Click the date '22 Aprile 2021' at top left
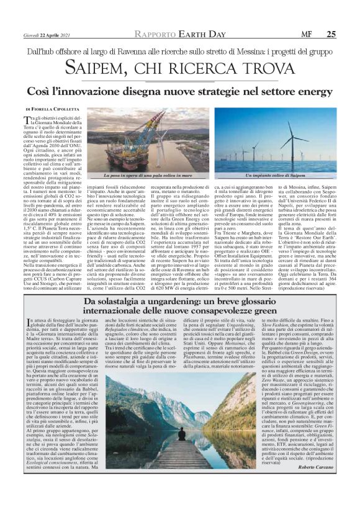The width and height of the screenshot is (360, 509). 49,17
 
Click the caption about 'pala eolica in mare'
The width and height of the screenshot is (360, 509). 155,175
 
